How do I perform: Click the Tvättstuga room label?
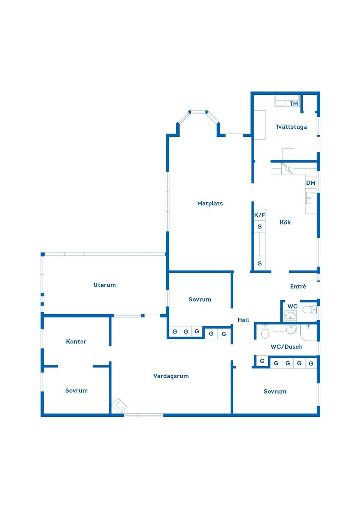[291, 127]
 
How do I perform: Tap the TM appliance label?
[294, 103]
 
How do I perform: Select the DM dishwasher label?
[310, 183]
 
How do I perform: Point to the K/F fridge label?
[259, 215]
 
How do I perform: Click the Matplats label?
[210, 204]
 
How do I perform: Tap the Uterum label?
[105, 285]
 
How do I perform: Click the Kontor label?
[76, 341]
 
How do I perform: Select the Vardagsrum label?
[171, 376]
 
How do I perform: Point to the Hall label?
[243, 320]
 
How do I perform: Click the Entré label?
[298, 286]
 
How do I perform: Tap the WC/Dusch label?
[286, 347]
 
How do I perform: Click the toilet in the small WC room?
[309, 310]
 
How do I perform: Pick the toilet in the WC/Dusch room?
[265, 332]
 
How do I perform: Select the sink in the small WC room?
[291, 316]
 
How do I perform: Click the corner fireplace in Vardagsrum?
[119, 406]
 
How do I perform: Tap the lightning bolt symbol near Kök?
[287, 168]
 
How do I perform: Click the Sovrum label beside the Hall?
[200, 299]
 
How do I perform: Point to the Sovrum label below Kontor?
[76, 391]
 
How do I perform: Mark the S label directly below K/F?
[259, 226]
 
